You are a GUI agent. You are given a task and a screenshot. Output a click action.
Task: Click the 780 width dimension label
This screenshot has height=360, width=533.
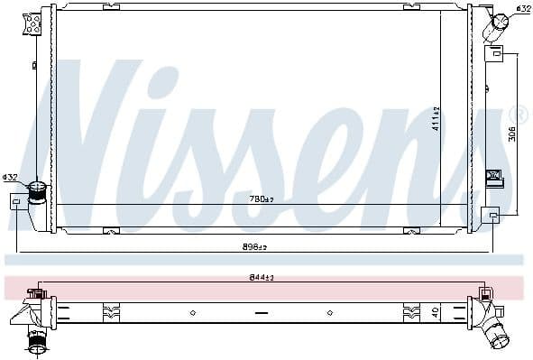pyautogui.click(x=262, y=198)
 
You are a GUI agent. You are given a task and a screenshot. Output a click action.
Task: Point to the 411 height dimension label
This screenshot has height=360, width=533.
pyautogui.click(x=437, y=117)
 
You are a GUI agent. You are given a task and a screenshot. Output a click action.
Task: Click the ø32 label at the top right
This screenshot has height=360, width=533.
pyautogui.click(x=522, y=9)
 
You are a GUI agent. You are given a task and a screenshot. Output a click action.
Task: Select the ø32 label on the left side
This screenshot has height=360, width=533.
pyautogui.click(x=10, y=178)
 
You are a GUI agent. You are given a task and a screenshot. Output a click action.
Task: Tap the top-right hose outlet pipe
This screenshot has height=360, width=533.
pyautogui.click(x=497, y=27)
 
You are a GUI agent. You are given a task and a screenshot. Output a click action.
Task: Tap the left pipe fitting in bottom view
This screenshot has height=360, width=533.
pyautogui.click(x=36, y=340)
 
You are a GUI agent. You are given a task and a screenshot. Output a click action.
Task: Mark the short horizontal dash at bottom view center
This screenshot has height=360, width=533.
pyautogui.click(x=262, y=313)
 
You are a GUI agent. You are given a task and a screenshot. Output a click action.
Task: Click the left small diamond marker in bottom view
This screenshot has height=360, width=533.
pyautogui.click(x=192, y=313)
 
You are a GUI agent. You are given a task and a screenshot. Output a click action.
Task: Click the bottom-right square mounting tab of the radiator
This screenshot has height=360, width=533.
pyautogui.click(x=490, y=215)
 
